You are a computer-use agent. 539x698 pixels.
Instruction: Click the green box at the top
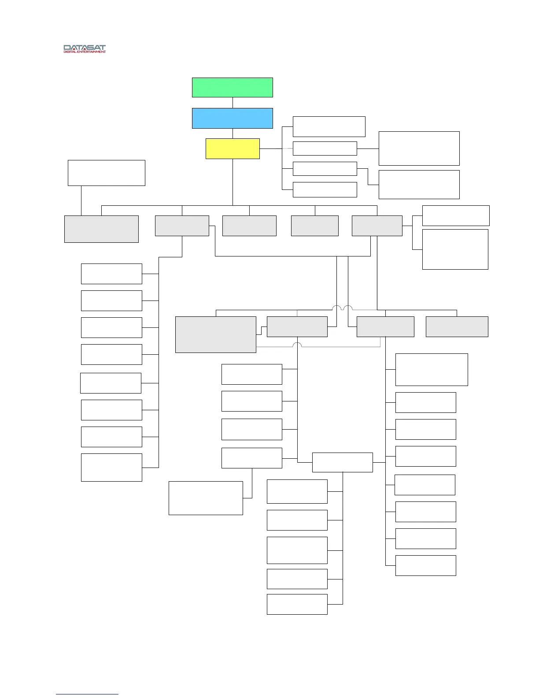tap(232, 87)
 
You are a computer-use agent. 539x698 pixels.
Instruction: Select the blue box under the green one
tap(232, 118)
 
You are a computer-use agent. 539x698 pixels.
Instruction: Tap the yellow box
tap(233, 149)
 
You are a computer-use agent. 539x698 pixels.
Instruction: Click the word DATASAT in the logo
tap(85, 48)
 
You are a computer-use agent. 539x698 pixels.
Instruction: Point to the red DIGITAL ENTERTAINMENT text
tap(85, 52)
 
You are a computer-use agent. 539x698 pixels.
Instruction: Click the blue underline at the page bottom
tap(87, 694)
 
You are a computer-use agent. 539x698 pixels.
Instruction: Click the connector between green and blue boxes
tap(233, 103)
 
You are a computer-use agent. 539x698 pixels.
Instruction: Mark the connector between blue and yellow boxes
tap(233, 134)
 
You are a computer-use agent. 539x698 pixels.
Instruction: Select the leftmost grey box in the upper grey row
tap(101, 229)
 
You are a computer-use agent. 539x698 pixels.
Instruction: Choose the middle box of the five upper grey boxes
tap(249, 226)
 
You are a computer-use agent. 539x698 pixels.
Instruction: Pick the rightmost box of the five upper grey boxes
tap(377, 226)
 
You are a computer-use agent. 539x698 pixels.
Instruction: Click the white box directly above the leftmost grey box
tap(106, 173)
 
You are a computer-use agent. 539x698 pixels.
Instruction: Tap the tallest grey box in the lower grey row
tap(216, 334)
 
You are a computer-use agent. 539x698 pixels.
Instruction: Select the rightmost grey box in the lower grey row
tap(457, 327)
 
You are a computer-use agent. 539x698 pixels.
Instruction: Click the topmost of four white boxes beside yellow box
tap(329, 126)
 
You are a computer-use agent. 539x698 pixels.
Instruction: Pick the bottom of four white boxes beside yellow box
tap(325, 189)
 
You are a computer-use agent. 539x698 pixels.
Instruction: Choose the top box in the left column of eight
tap(111, 274)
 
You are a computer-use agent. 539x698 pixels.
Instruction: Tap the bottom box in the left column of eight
tap(111, 467)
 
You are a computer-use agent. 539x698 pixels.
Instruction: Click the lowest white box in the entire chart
tap(297, 604)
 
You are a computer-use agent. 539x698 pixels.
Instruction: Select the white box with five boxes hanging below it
tap(342, 462)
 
